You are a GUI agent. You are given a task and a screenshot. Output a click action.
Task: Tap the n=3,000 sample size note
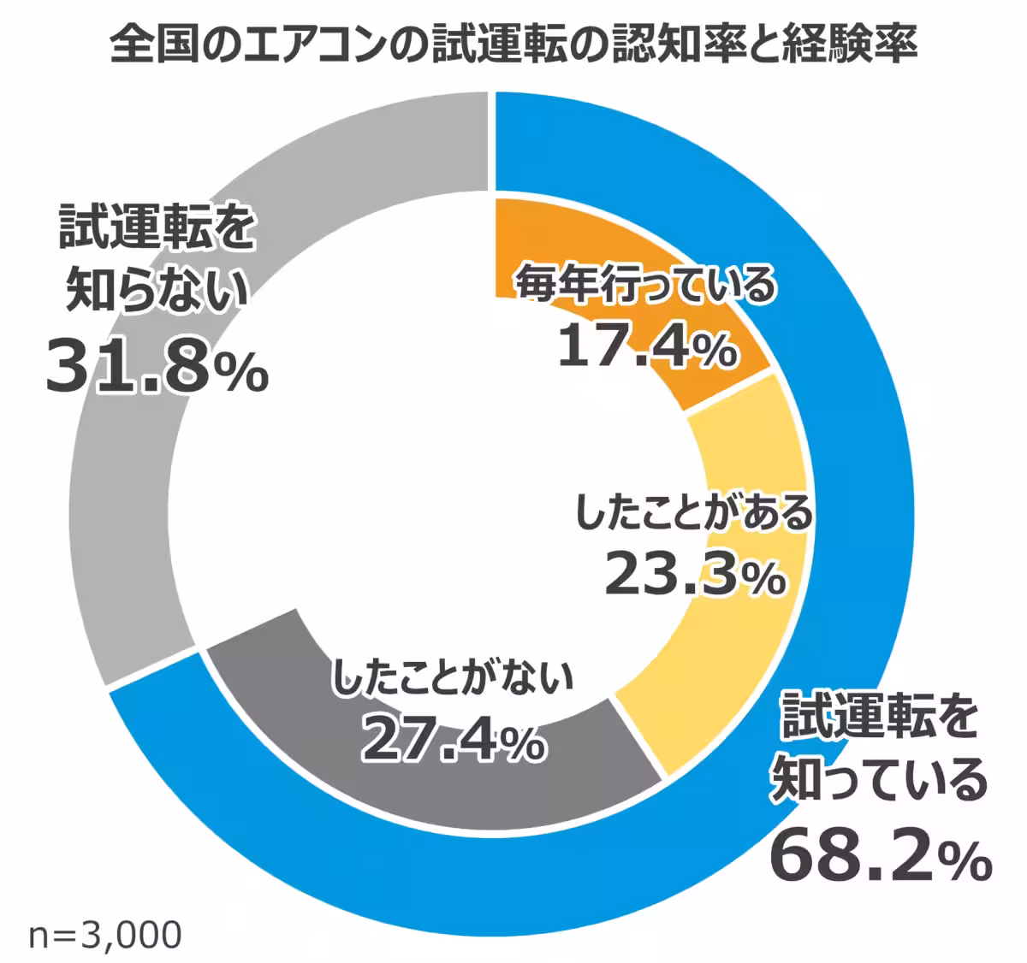[x=104, y=935]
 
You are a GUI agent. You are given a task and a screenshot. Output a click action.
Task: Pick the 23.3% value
[x=694, y=574]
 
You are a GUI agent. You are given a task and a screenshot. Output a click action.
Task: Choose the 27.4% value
[x=453, y=736]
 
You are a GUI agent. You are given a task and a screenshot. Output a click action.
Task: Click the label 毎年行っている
[x=644, y=284]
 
